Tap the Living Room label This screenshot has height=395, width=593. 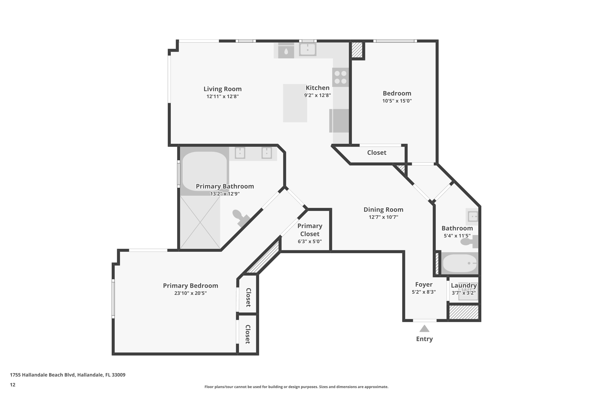223,89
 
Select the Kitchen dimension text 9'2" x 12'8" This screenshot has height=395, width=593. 317,95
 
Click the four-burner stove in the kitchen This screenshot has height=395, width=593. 340,77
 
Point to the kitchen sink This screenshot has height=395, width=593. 308,49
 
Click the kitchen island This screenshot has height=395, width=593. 295,103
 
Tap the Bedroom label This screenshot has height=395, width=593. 397,93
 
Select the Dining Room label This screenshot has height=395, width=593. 383,210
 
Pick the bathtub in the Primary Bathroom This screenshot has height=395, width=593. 204,171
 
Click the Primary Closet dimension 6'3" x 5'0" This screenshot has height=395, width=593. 310,241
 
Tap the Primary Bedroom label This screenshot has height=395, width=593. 191,286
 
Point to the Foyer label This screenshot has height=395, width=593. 424,284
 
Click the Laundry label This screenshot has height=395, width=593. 464,285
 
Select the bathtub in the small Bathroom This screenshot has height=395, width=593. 460,263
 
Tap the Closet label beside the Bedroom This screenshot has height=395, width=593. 377,153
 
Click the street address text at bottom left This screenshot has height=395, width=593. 68,375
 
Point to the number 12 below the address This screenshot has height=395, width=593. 13,385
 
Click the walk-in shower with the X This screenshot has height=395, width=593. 200,222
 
